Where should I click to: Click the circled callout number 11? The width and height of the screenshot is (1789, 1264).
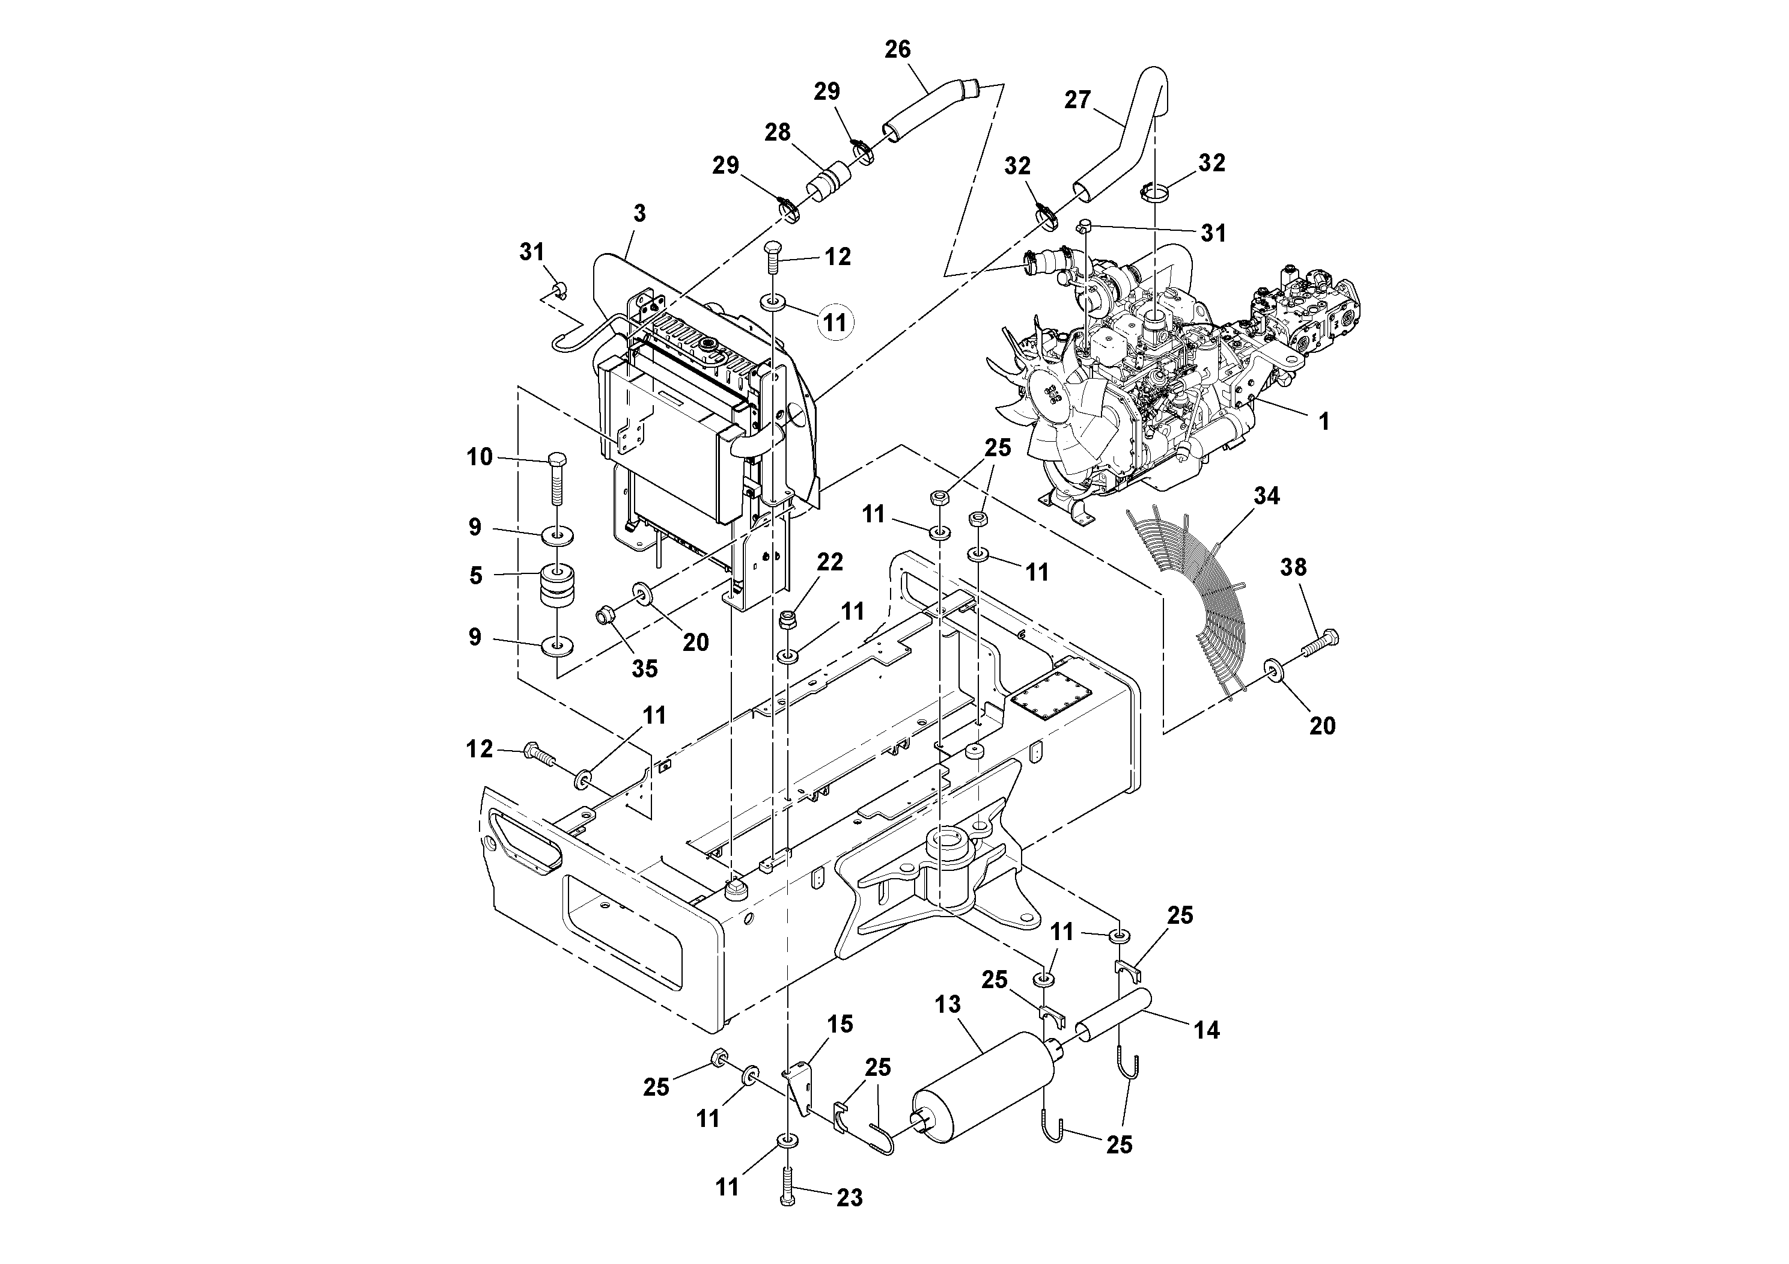835,322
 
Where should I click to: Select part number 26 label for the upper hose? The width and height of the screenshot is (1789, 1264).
898,50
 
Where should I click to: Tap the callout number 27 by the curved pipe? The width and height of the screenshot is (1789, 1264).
1077,100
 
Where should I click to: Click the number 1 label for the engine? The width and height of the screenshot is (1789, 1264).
1323,421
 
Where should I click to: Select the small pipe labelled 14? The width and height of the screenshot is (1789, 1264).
1114,1014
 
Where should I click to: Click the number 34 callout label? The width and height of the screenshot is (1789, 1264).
1266,496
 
